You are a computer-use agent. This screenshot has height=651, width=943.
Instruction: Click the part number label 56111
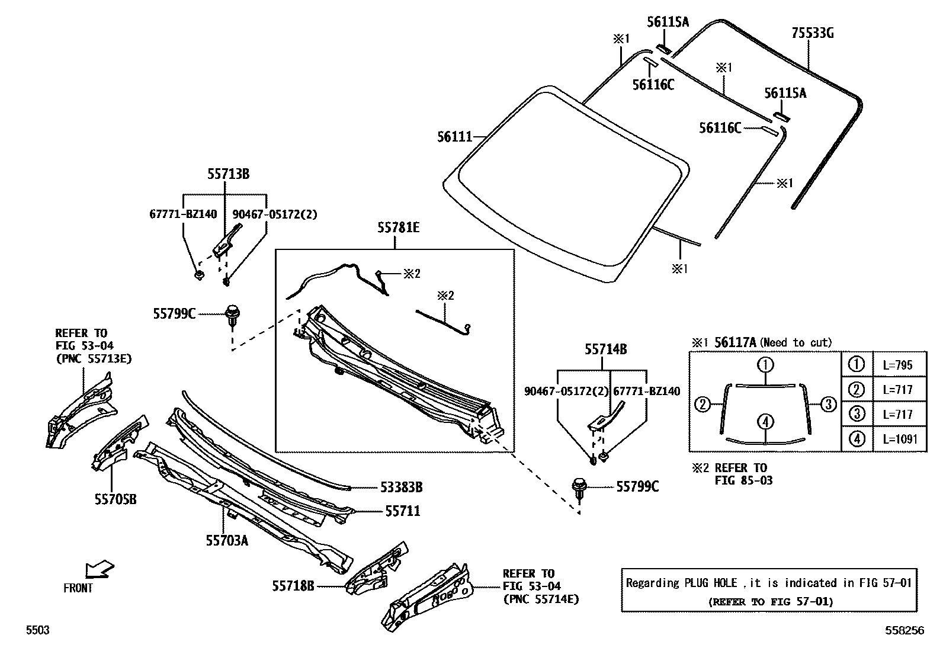(x=454, y=137)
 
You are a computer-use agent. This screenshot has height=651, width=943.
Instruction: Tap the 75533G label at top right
(x=812, y=33)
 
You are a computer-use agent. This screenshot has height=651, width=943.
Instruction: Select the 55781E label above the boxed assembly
(x=399, y=227)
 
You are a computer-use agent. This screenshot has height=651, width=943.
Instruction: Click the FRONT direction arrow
(x=99, y=570)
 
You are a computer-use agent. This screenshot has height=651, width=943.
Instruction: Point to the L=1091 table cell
(x=899, y=439)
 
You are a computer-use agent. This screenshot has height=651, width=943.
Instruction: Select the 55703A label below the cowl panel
(x=227, y=540)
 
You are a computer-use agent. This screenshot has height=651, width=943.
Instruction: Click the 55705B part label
(x=116, y=499)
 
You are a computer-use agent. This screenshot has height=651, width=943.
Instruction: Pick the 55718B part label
(x=293, y=586)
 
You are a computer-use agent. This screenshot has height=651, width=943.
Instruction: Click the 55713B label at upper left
(x=228, y=174)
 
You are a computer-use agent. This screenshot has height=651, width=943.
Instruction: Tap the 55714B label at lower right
(x=605, y=349)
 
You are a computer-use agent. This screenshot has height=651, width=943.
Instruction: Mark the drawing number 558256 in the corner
(x=904, y=631)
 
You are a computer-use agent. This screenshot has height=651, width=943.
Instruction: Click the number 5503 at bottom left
(x=37, y=631)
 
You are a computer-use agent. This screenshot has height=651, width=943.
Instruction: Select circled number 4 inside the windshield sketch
(x=765, y=422)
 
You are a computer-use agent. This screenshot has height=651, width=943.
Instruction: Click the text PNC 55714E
(x=541, y=599)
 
